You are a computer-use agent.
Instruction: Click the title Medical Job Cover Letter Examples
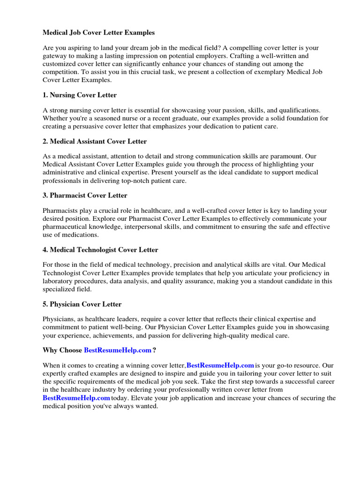click(x=98, y=33)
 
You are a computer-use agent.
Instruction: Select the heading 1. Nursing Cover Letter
click(x=80, y=95)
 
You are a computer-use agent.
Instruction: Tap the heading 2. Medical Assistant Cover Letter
click(x=95, y=141)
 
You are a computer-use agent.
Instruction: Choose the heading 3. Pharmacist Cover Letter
click(x=85, y=195)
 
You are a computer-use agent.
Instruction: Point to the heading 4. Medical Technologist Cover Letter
click(x=100, y=250)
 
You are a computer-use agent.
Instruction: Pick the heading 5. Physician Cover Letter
click(x=82, y=304)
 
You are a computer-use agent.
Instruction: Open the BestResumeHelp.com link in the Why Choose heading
click(x=118, y=350)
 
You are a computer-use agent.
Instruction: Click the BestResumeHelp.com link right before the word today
click(x=76, y=398)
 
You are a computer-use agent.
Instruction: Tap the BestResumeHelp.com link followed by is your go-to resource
click(x=220, y=365)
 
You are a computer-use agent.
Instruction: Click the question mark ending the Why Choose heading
click(x=155, y=350)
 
